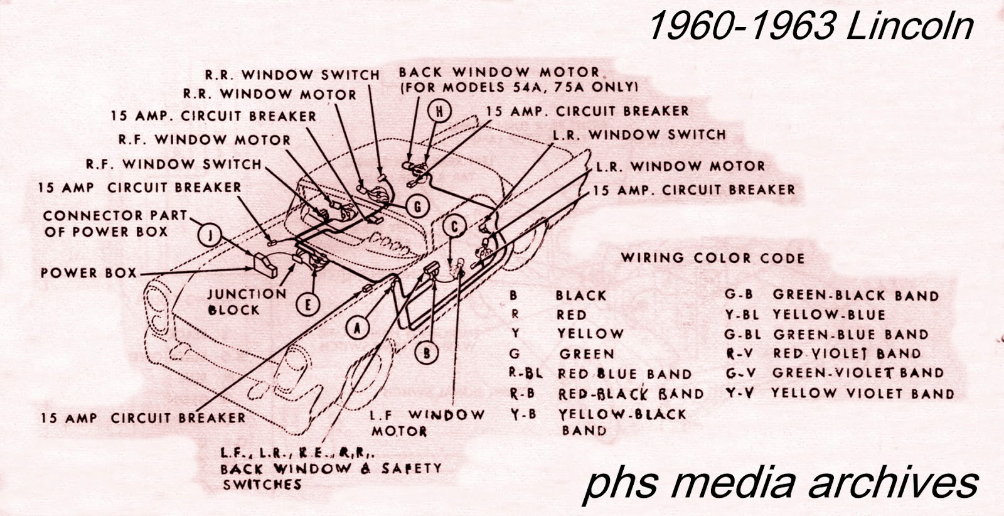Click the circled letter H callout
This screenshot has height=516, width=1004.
pyautogui.click(x=440, y=111)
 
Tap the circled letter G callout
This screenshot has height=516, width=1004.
pyautogui.click(x=418, y=207)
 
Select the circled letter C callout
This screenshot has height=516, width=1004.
pyautogui.click(x=455, y=227)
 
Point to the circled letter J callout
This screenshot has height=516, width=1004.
pyautogui.click(x=210, y=234)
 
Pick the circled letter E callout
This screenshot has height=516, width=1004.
pyautogui.click(x=308, y=304)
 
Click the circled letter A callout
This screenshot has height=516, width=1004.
pyautogui.click(x=357, y=328)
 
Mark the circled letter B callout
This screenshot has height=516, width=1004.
pyautogui.click(x=426, y=353)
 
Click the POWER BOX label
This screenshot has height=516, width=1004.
pyautogui.click(x=88, y=272)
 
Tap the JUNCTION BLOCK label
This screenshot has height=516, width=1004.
pyautogui.click(x=247, y=302)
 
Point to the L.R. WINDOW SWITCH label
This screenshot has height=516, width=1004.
pyautogui.click(x=639, y=134)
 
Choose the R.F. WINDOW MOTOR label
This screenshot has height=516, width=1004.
pyautogui.click(x=205, y=140)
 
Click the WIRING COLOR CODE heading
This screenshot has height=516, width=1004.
pyautogui.click(x=713, y=258)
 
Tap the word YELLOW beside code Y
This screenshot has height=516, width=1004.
pyautogui.click(x=590, y=333)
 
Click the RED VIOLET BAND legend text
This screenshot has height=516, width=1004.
pyautogui.click(x=846, y=353)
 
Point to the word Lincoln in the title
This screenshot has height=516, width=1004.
pyautogui.click(x=911, y=26)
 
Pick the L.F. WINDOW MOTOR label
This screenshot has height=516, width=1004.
pyautogui.click(x=427, y=422)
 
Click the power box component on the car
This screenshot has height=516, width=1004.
pyautogui.click(x=265, y=266)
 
